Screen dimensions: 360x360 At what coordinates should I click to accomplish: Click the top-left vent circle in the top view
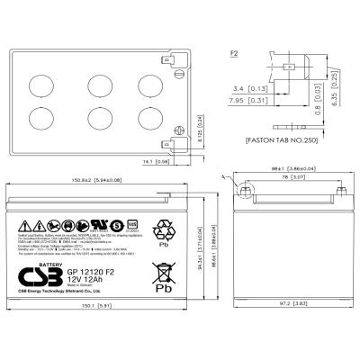click(42, 81)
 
